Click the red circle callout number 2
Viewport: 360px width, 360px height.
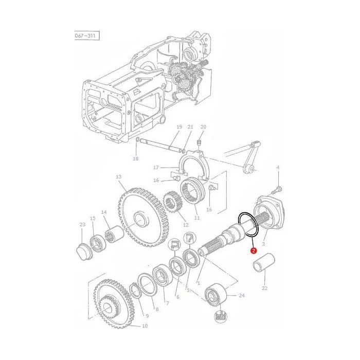point(253,250)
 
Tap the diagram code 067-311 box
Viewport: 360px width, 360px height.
point(86,36)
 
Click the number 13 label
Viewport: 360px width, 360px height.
point(118,177)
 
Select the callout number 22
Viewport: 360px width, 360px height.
point(264,288)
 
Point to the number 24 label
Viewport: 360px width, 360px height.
point(242,295)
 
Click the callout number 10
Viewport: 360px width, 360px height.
point(145,326)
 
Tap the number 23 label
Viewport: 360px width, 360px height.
point(82,225)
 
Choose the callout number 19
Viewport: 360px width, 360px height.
point(179,127)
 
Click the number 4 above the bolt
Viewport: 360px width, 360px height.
point(278,167)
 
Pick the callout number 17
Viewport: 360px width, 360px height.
point(156,168)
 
